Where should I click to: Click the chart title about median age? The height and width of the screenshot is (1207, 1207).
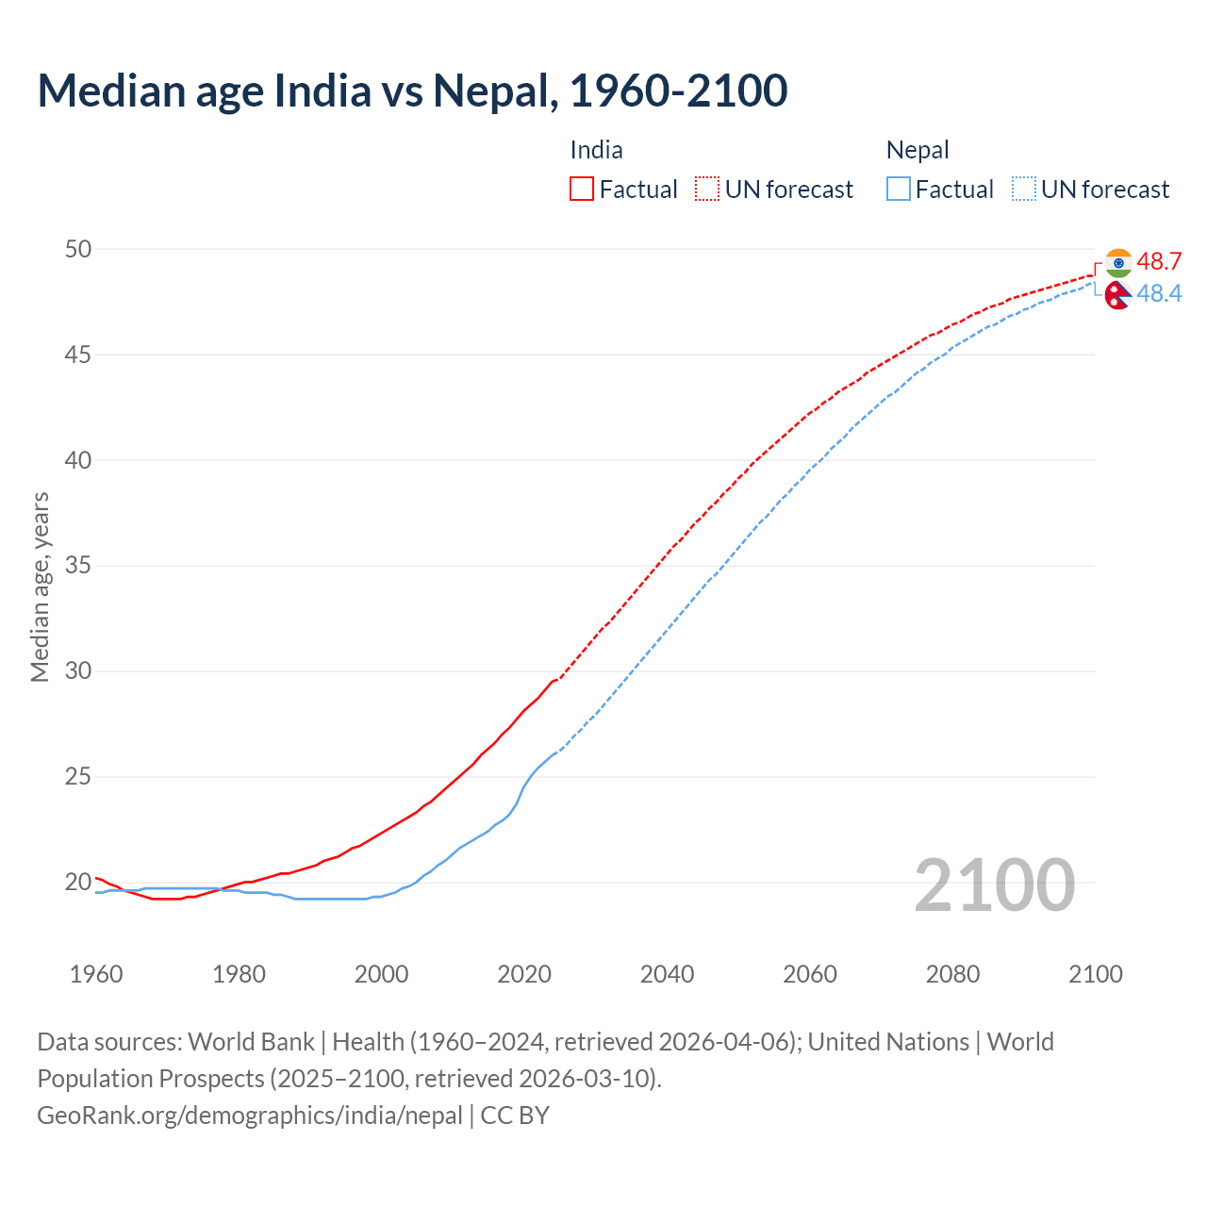pyautogui.click(x=412, y=91)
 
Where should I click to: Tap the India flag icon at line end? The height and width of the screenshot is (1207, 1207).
pyautogui.click(x=1118, y=262)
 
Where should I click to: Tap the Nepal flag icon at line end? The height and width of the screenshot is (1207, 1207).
pyautogui.click(x=1118, y=295)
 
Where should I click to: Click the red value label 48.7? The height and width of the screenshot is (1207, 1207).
pyautogui.click(x=1159, y=261)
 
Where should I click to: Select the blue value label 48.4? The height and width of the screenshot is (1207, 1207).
pyautogui.click(x=1159, y=294)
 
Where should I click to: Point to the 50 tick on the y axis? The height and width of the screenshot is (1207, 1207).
pyautogui.click(x=78, y=249)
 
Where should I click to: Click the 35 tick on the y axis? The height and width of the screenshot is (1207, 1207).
pyautogui.click(x=78, y=566)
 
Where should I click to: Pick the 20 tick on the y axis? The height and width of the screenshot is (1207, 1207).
pyautogui.click(x=78, y=883)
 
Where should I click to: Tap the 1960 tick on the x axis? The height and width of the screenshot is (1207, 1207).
pyautogui.click(x=96, y=974)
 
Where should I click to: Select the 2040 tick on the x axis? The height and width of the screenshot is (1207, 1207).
pyautogui.click(x=667, y=974)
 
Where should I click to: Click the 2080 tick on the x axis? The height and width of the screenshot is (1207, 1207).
pyautogui.click(x=952, y=974)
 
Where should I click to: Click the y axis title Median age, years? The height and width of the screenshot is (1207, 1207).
pyautogui.click(x=40, y=587)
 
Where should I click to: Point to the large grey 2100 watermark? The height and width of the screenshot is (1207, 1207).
pyautogui.click(x=994, y=885)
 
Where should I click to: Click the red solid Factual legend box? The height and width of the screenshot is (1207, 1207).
pyautogui.click(x=582, y=189)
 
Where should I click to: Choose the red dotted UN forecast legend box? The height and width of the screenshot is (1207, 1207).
pyautogui.click(x=707, y=189)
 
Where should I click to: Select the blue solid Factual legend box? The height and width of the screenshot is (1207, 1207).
pyautogui.click(x=899, y=189)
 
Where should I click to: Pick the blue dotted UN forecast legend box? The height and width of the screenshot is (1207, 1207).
pyautogui.click(x=1023, y=189)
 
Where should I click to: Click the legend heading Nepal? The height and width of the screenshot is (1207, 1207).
pyautogui.click(x=917, y=150)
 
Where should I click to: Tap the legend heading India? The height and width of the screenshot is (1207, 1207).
pyautogui.click(x=596, y=150)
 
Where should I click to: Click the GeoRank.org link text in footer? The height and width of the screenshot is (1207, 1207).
pyautogui.click(x=250, y=1115)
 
